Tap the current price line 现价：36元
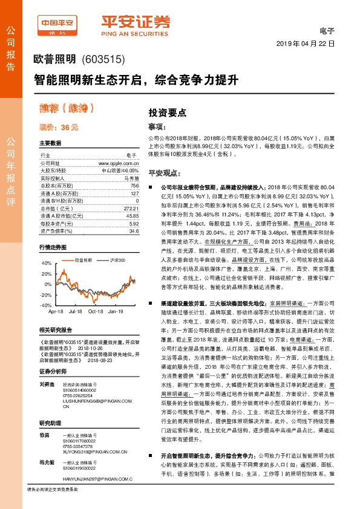point(58,128)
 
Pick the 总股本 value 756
point(134,186)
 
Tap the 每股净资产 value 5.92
point(134,222)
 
